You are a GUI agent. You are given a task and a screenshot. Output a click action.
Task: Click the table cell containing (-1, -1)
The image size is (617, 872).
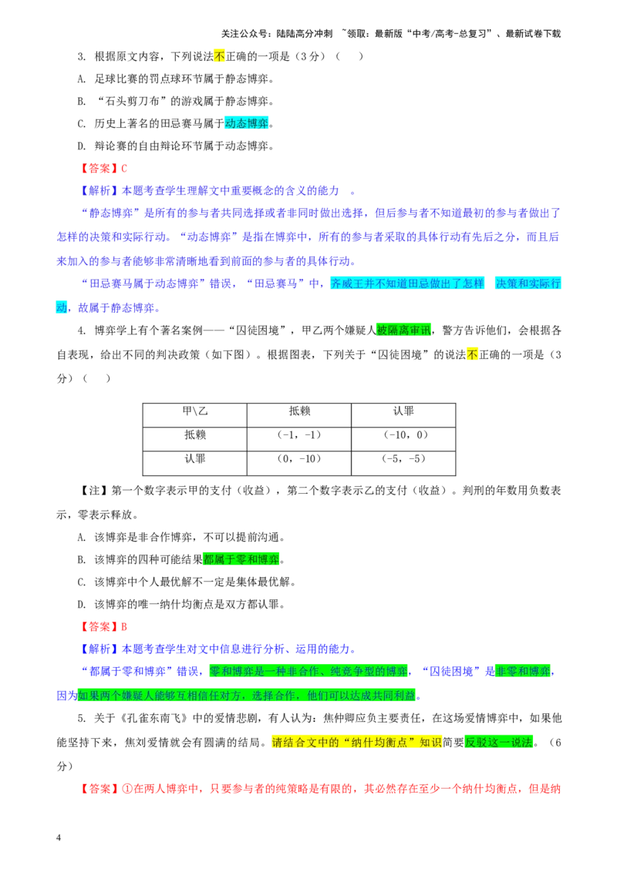tap(299, 435)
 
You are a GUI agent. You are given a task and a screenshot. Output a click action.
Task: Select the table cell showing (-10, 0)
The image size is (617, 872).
tap(403, 435)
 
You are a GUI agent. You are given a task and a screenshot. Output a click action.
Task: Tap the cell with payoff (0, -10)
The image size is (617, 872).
tap(299, 459)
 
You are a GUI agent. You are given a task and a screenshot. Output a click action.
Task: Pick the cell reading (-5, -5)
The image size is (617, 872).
tap(403, 459)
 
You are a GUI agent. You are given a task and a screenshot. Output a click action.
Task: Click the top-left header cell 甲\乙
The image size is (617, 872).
tap(195, 411)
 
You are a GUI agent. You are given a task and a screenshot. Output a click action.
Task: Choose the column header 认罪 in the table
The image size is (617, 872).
tap(403, 411)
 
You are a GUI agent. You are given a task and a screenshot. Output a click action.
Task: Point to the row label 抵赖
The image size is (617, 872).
tap(195, 435)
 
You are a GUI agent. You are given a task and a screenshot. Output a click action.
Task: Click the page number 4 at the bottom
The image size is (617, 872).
tap(59, 837)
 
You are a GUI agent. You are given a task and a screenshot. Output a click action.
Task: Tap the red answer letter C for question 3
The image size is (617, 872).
tap(124, 169)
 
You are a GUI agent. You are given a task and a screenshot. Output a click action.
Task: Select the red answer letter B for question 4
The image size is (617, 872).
tap(124, 627)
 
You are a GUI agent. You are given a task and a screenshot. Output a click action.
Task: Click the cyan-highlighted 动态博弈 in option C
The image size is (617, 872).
tap(247, 123)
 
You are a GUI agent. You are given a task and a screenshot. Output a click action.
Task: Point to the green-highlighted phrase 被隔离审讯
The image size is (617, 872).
tap(403, 330)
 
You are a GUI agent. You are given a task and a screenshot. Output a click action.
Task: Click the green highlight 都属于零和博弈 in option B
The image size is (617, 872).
tap(241, 559)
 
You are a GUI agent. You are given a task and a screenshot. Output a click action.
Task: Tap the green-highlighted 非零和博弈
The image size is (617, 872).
tap(522, 672)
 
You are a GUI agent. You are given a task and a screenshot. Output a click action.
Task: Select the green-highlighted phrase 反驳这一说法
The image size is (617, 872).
tap(498, 743)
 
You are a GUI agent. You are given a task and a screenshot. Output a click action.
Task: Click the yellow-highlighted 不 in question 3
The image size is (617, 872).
tap(219, 56)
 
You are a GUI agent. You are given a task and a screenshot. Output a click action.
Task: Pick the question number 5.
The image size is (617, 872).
tap(81, 719)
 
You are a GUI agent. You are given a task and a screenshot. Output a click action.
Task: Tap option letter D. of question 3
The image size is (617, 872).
tap(82, 146)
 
